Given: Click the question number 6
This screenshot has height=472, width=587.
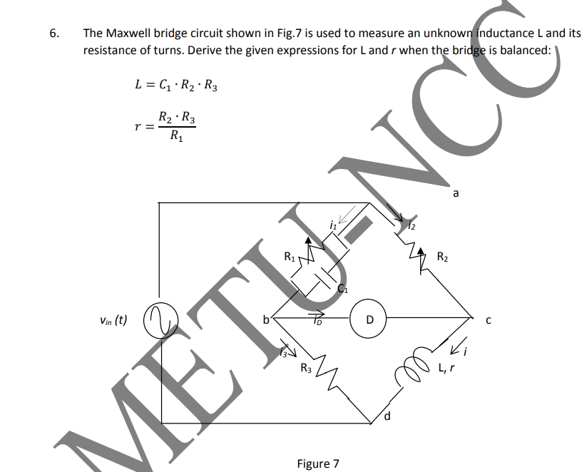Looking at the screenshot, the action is coord(53,34).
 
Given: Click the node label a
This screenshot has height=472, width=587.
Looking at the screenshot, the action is coord(456,192).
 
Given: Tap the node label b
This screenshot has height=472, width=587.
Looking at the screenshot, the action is coord(267,319).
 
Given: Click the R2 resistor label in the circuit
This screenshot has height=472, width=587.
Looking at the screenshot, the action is coord(442,256).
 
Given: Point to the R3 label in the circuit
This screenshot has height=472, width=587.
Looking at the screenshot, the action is coord(305,368).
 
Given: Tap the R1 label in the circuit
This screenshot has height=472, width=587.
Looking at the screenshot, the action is coord(289,255).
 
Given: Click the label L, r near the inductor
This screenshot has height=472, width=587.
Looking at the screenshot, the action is coord(447,367).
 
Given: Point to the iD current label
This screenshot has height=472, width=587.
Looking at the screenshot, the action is coord(316,320).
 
